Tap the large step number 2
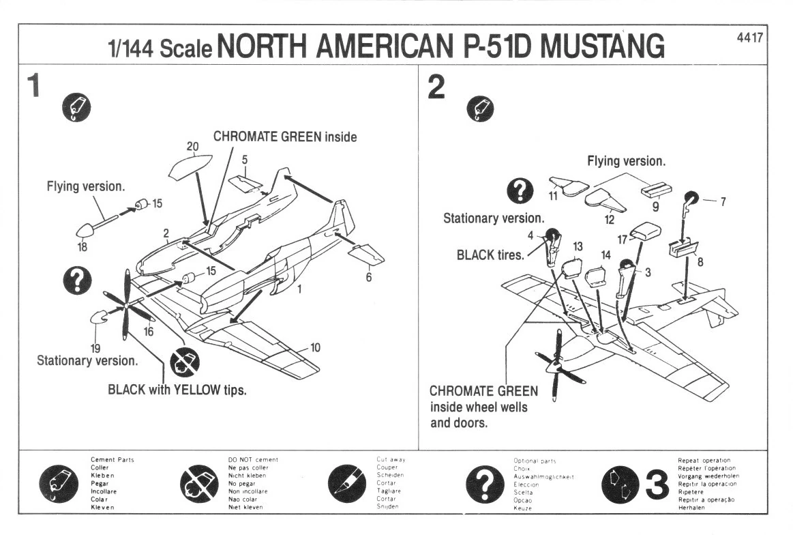point(436,87)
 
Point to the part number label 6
point(368,278)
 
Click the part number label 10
point(315,347)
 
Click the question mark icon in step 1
point(78,279)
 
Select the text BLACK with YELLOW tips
point(177,391)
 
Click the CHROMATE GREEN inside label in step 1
point(285,136)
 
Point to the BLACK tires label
point(490,255)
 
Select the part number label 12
point(610,220)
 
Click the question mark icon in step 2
point(520,191)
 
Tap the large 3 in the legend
point(656,486)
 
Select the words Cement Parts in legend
point(113,460)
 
